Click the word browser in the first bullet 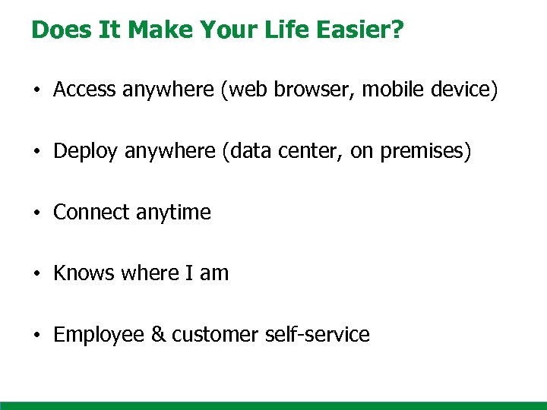[318, 90]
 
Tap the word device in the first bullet [463, 90]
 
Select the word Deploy [86, 152]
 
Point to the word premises [425, 152]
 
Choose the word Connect [91, 213]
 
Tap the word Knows [81, 273]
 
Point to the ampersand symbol [158, 335]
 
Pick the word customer [215, 335]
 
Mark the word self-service [318, 335]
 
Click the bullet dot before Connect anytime [36, 213]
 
